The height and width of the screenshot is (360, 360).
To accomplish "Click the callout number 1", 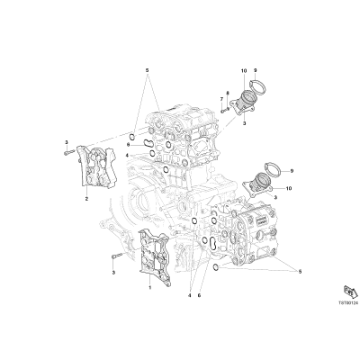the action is [150, 287].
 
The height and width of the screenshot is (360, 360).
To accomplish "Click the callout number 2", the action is [86, 199].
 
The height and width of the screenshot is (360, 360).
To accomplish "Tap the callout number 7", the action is [221, 99].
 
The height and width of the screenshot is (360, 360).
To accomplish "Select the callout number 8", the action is [228, 93].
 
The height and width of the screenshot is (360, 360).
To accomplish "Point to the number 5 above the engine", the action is [147, 70].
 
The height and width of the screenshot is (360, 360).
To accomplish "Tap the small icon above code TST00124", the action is [349, 291].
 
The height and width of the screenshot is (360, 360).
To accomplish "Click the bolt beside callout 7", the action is [224, 110].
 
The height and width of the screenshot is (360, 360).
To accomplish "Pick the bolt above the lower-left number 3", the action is [115, 256].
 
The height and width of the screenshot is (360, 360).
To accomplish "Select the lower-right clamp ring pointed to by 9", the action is [273, 169].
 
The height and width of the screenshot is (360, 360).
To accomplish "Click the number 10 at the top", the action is [243, 71].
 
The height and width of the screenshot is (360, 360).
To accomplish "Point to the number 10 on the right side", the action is [289, 188].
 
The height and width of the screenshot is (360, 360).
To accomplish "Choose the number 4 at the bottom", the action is [190, 295].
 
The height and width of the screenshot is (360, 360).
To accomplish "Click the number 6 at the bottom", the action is [199, 295].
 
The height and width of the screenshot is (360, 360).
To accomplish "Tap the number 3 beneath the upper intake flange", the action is [244, 123].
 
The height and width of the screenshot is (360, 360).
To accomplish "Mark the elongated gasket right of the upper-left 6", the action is [148, 144].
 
